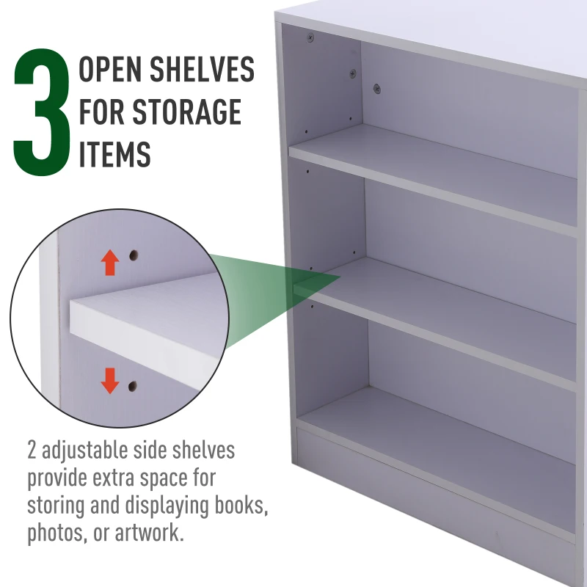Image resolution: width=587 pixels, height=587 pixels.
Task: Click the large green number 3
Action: (x=42, y=112)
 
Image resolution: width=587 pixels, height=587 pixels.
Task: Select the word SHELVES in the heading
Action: (x=203, y=69)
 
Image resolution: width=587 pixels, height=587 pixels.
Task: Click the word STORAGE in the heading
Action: (x=187, y=112)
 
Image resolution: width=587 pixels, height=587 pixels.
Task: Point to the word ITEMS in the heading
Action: (x=114, y=154)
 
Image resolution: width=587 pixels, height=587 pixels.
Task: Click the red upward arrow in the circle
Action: (x=109, y=263)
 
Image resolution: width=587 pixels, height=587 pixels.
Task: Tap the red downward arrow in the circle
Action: (x=109, y=381)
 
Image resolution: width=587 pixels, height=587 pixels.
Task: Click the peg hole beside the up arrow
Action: (x=134, y=255)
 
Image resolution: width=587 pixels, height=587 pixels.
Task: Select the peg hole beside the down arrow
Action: (x=132, y=386)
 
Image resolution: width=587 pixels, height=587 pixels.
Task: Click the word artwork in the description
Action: (x=150, y=533)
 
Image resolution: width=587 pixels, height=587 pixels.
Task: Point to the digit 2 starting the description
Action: (x=32, y=451)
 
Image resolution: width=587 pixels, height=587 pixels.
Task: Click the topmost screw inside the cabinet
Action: (x=310, y=37)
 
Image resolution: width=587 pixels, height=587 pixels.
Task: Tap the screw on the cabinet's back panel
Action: (x=377, y=89)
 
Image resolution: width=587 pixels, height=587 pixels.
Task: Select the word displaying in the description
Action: (x=167, y=506)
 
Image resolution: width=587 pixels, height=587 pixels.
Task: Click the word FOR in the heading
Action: (x=102, y=112)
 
